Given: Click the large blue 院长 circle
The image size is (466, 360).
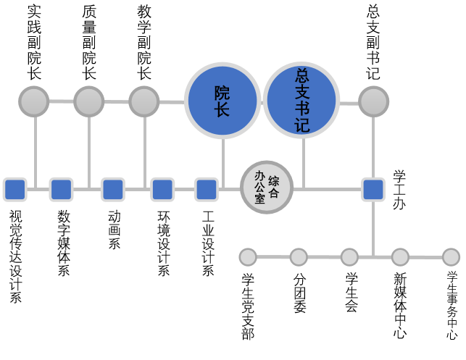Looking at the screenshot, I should [x=222, y=101].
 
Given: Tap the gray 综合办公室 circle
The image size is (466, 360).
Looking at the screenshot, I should [x=266, y=187].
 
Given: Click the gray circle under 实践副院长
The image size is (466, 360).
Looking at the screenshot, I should [x=34, y=101].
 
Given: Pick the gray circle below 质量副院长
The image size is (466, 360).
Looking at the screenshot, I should [x=89, y=101].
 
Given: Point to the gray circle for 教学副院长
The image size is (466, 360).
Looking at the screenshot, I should [x=144, y=101].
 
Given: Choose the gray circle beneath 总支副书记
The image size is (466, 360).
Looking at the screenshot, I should [x=373, y=101].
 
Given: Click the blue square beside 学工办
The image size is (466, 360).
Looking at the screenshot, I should [x=373, y=190].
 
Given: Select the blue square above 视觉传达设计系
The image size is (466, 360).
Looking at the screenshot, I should [x=14, y=190].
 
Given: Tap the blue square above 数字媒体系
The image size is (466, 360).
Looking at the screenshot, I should [x=61, y=190].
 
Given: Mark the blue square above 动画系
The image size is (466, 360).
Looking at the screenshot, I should [x=112, y=190].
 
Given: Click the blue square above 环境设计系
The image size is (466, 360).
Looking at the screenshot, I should [x=162, y=190].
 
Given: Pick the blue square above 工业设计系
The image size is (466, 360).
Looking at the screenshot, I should [x=207, y=190].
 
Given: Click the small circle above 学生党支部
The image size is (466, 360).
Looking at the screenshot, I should [x=248, y=257].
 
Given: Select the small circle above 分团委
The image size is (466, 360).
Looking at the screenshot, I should [x=299, y=257].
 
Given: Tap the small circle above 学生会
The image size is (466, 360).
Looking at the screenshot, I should [x=349, y=257].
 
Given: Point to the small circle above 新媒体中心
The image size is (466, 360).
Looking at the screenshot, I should [x=400, y=257].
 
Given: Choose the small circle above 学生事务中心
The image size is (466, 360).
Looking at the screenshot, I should [x=451, y=257].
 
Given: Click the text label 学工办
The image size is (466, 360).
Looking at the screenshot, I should [x=399, y=190].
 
